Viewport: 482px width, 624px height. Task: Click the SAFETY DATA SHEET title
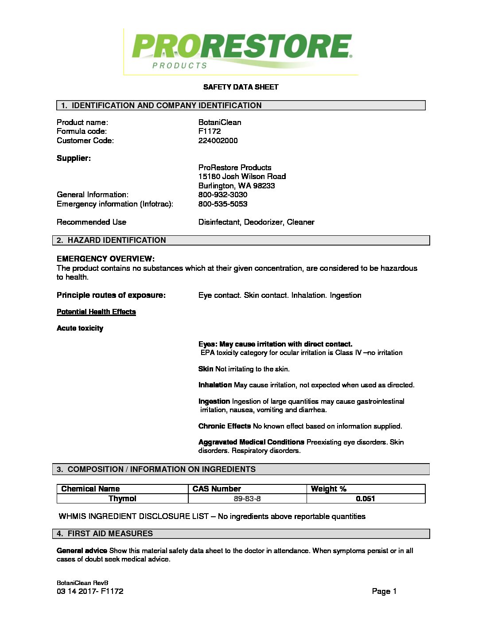(241, 87)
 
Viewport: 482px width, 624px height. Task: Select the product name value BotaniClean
(220, 122)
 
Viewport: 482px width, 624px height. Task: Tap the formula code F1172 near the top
(210, 131)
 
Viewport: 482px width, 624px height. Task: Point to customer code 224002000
(218, 140)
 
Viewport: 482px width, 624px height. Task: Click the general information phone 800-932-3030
(223, 195)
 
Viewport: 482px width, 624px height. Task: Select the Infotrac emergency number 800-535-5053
(223, 204)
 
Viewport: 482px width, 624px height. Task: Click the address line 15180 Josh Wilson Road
(242, 176)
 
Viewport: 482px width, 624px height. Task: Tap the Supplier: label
(74, 158)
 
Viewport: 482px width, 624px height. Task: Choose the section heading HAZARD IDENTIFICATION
(117, 240)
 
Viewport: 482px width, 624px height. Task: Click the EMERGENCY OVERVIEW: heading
(105, 259)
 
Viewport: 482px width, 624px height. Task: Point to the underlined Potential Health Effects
(96, 312)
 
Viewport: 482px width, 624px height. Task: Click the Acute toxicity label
(80, 328)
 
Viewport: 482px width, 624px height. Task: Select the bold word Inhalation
(215, 385)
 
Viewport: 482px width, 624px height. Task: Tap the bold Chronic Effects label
(224, 426)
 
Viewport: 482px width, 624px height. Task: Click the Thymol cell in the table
(122, 499)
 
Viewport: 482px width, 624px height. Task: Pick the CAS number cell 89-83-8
(247, 499)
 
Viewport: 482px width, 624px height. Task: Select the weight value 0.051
(365, 499)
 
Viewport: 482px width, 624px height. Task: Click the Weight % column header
(328, 489)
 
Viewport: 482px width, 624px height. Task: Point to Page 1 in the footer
(384, 591)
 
